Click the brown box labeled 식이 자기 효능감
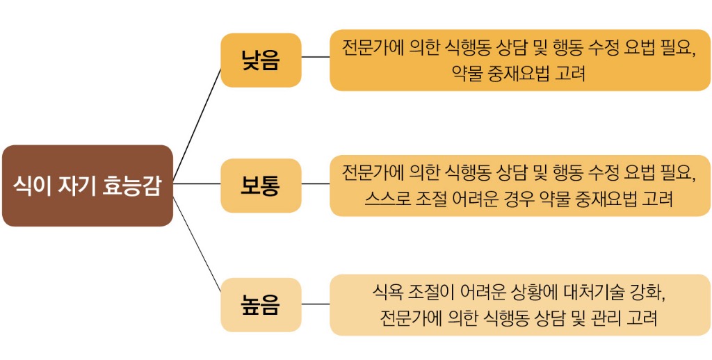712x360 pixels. tap(87, 185)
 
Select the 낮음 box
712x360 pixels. tap(261, 60)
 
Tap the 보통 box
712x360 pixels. tap(261, 185)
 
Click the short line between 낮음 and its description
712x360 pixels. tap(316, 57)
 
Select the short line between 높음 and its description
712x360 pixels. tap(316, 304)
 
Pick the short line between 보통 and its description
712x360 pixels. tap(316, 184)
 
